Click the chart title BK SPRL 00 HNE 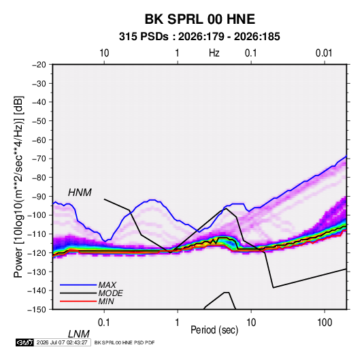pos(200,19)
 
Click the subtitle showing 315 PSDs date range pos(199,37)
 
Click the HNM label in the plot pos(80,193)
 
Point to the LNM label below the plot pos(78,334)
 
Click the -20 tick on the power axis pos(39,65)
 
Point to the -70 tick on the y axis pos(39,159)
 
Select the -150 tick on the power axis pos(37,310)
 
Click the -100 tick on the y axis pos(37,215)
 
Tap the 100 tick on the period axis pos(325,323)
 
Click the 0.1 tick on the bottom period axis pos(104,323)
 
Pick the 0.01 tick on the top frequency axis pos(324,53)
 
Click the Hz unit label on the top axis pos(214,53)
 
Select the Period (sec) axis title pos(214,330)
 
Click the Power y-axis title pos(18,187)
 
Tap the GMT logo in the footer pos(25,342)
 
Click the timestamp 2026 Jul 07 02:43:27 pos(62,342)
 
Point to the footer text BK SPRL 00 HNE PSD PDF pos(125,342)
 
